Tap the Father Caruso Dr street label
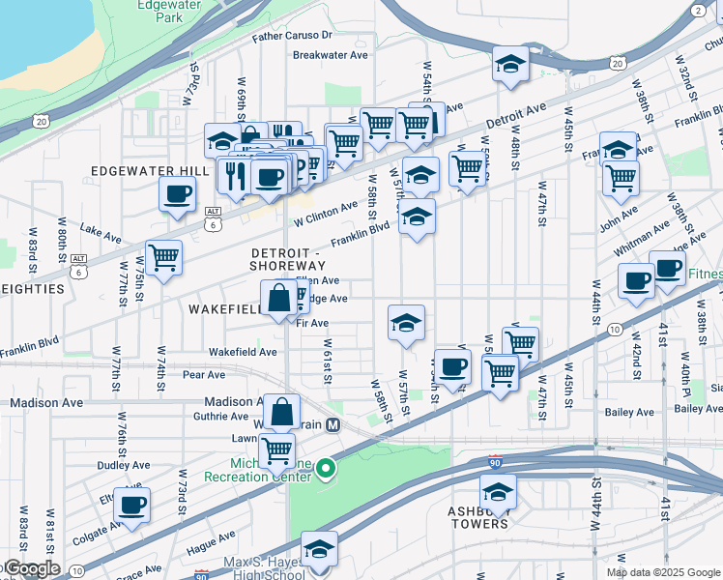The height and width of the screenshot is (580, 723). point(293,36)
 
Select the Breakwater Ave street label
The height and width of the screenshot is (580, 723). point(331,55)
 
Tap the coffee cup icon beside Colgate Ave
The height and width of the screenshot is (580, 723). point(132,504)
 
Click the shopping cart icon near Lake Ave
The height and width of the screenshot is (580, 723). point(164,258)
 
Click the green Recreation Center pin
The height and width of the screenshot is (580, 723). point(326,470)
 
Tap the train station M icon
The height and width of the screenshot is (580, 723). point(333,424)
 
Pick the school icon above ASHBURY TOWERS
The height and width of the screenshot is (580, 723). point(499,489)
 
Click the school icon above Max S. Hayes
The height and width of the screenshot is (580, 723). point(319,548)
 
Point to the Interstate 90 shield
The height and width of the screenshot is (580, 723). point(495,462)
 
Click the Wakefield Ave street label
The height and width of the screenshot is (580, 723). point(243,353)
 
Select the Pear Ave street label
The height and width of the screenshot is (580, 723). point(203,375)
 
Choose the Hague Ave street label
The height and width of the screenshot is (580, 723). point(211,537)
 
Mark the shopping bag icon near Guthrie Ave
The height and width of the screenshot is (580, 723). point(280,412)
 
